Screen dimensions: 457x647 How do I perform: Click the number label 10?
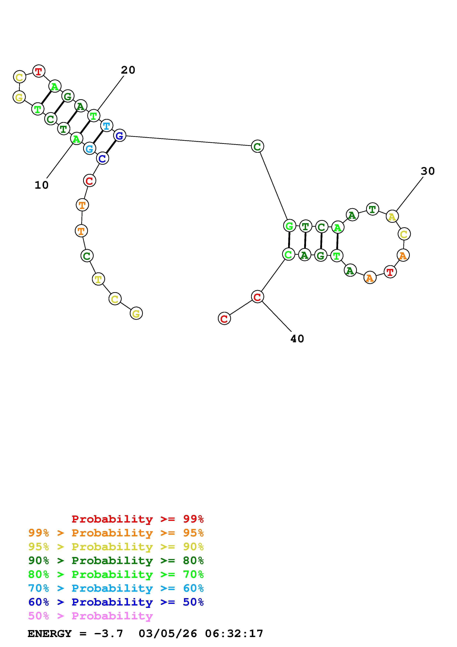tap(42, 185)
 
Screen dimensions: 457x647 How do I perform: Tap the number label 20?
tap(128, 70)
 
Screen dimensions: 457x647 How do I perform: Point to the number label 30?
tap(428, 171)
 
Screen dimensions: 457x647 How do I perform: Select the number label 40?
tap(297, 339)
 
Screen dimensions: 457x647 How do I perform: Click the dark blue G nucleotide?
tap(120, 136)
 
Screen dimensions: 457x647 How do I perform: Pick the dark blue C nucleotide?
tap(102, 158)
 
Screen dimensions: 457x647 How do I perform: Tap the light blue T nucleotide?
tap(106, 126)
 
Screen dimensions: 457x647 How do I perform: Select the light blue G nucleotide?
tap(90, 148)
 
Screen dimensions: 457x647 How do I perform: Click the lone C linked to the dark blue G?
tap(257, 146)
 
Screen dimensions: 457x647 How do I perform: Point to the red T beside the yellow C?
tap(39, 71)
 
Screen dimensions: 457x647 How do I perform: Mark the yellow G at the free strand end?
tap(136, 313)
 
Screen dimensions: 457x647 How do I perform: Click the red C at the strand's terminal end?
tap(224, 319)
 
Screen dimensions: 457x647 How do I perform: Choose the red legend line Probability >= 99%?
tap(138, 519)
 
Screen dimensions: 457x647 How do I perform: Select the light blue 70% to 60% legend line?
tap(116, 588)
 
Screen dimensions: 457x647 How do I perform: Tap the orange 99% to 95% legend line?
tap(116, 533)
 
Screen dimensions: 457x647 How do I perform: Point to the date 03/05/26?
tap(168, 634)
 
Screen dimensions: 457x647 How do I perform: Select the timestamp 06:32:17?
tap(234, 634)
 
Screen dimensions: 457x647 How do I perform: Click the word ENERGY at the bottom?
tap(50, 634)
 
